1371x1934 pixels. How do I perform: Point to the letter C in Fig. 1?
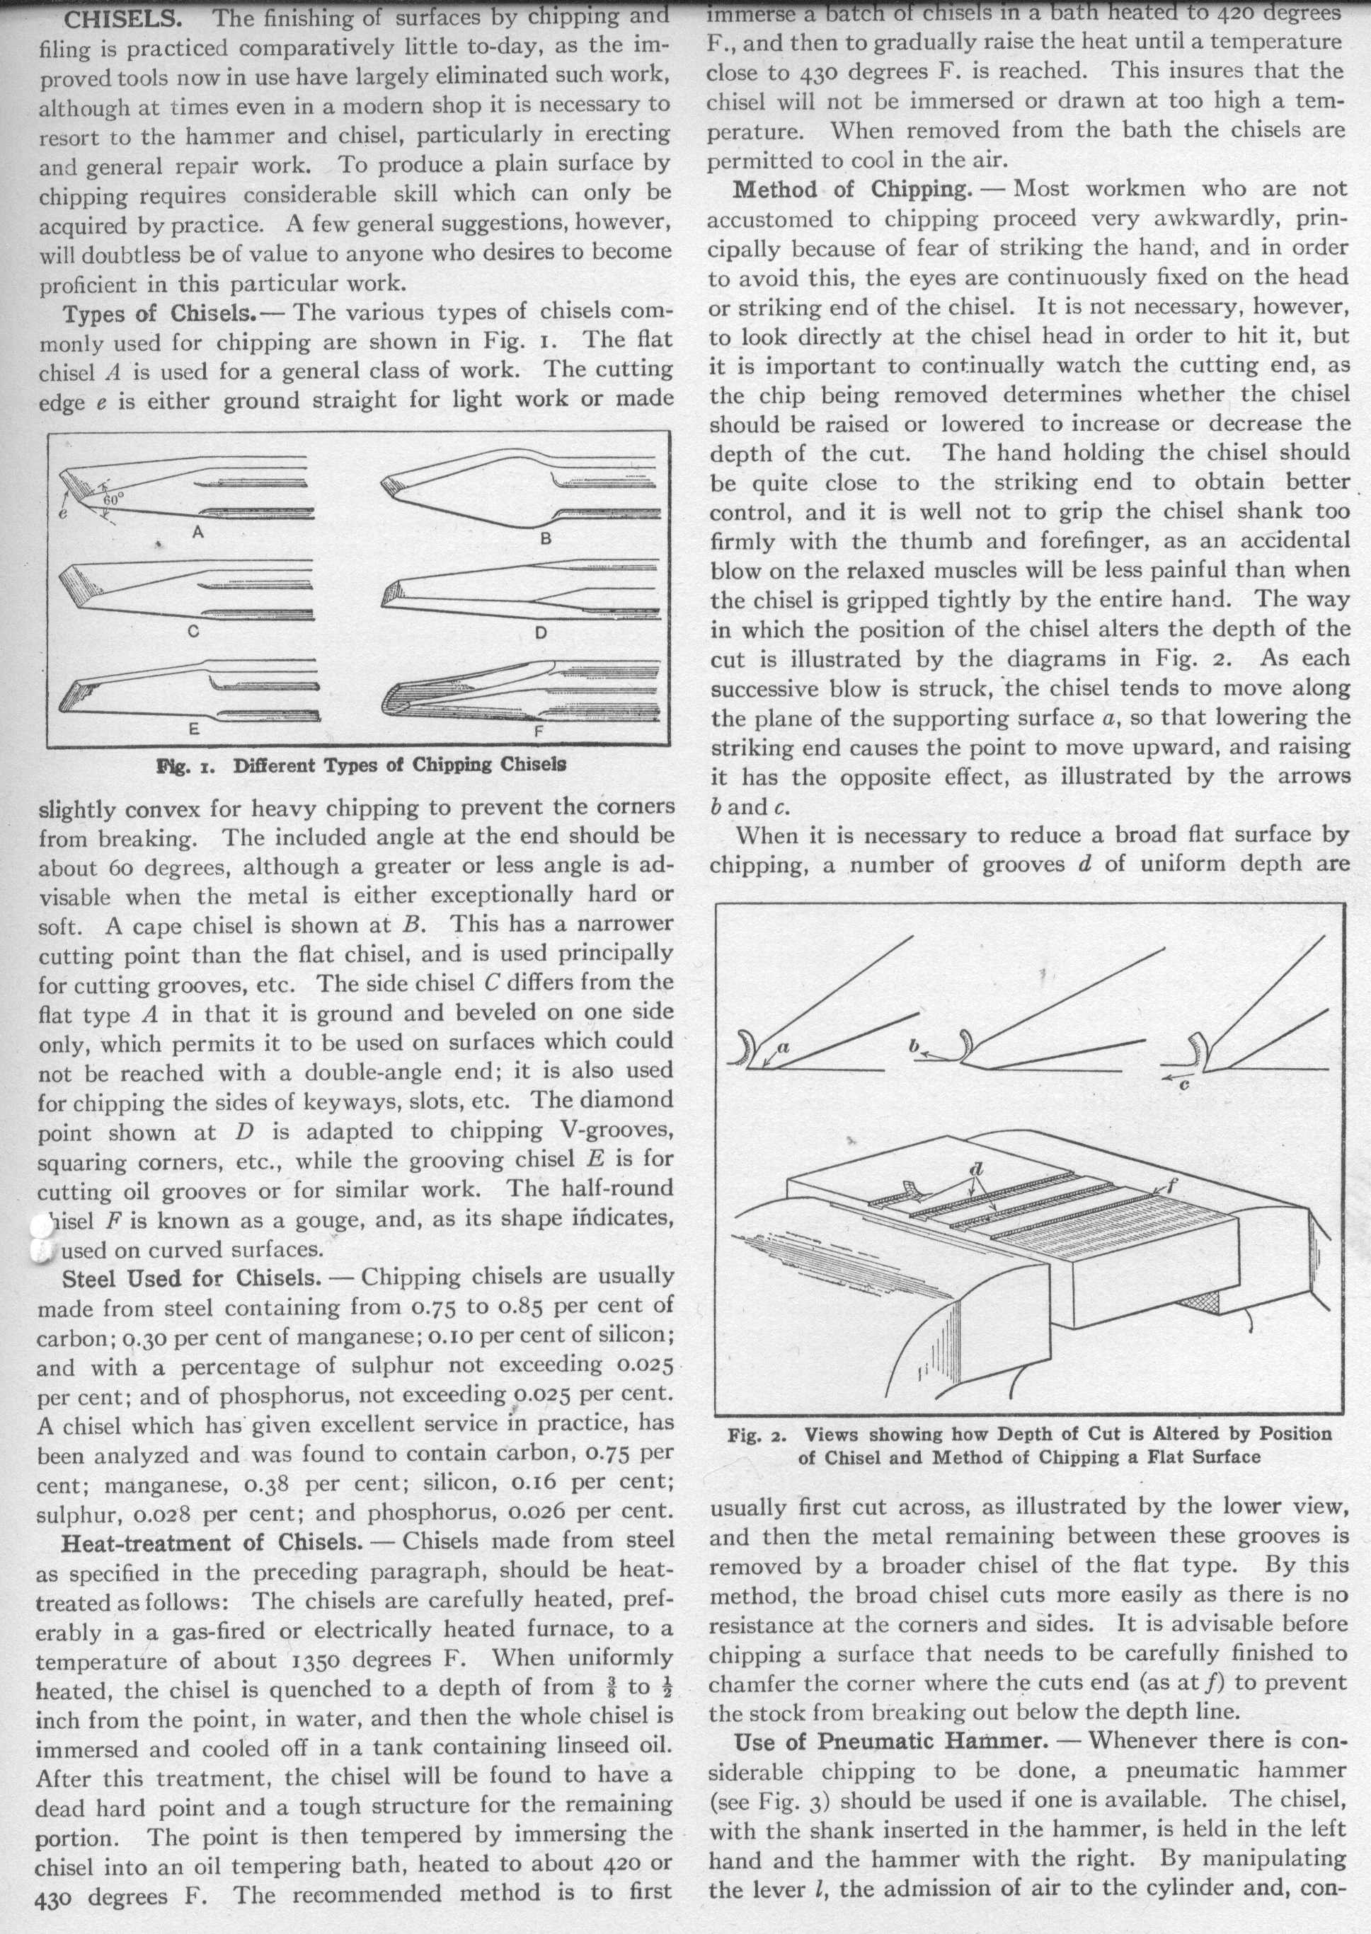(x=193, y=634)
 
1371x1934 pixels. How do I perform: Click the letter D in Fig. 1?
(x=541, y=632)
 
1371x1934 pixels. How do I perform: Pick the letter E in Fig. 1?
(x=193, y=730)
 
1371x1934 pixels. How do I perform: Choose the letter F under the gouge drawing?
(x=539, y=731)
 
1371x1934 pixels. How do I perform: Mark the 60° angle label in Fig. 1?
(x=113, y=499)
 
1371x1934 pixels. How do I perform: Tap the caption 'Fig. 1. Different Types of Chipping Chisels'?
(x=360, y=765)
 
